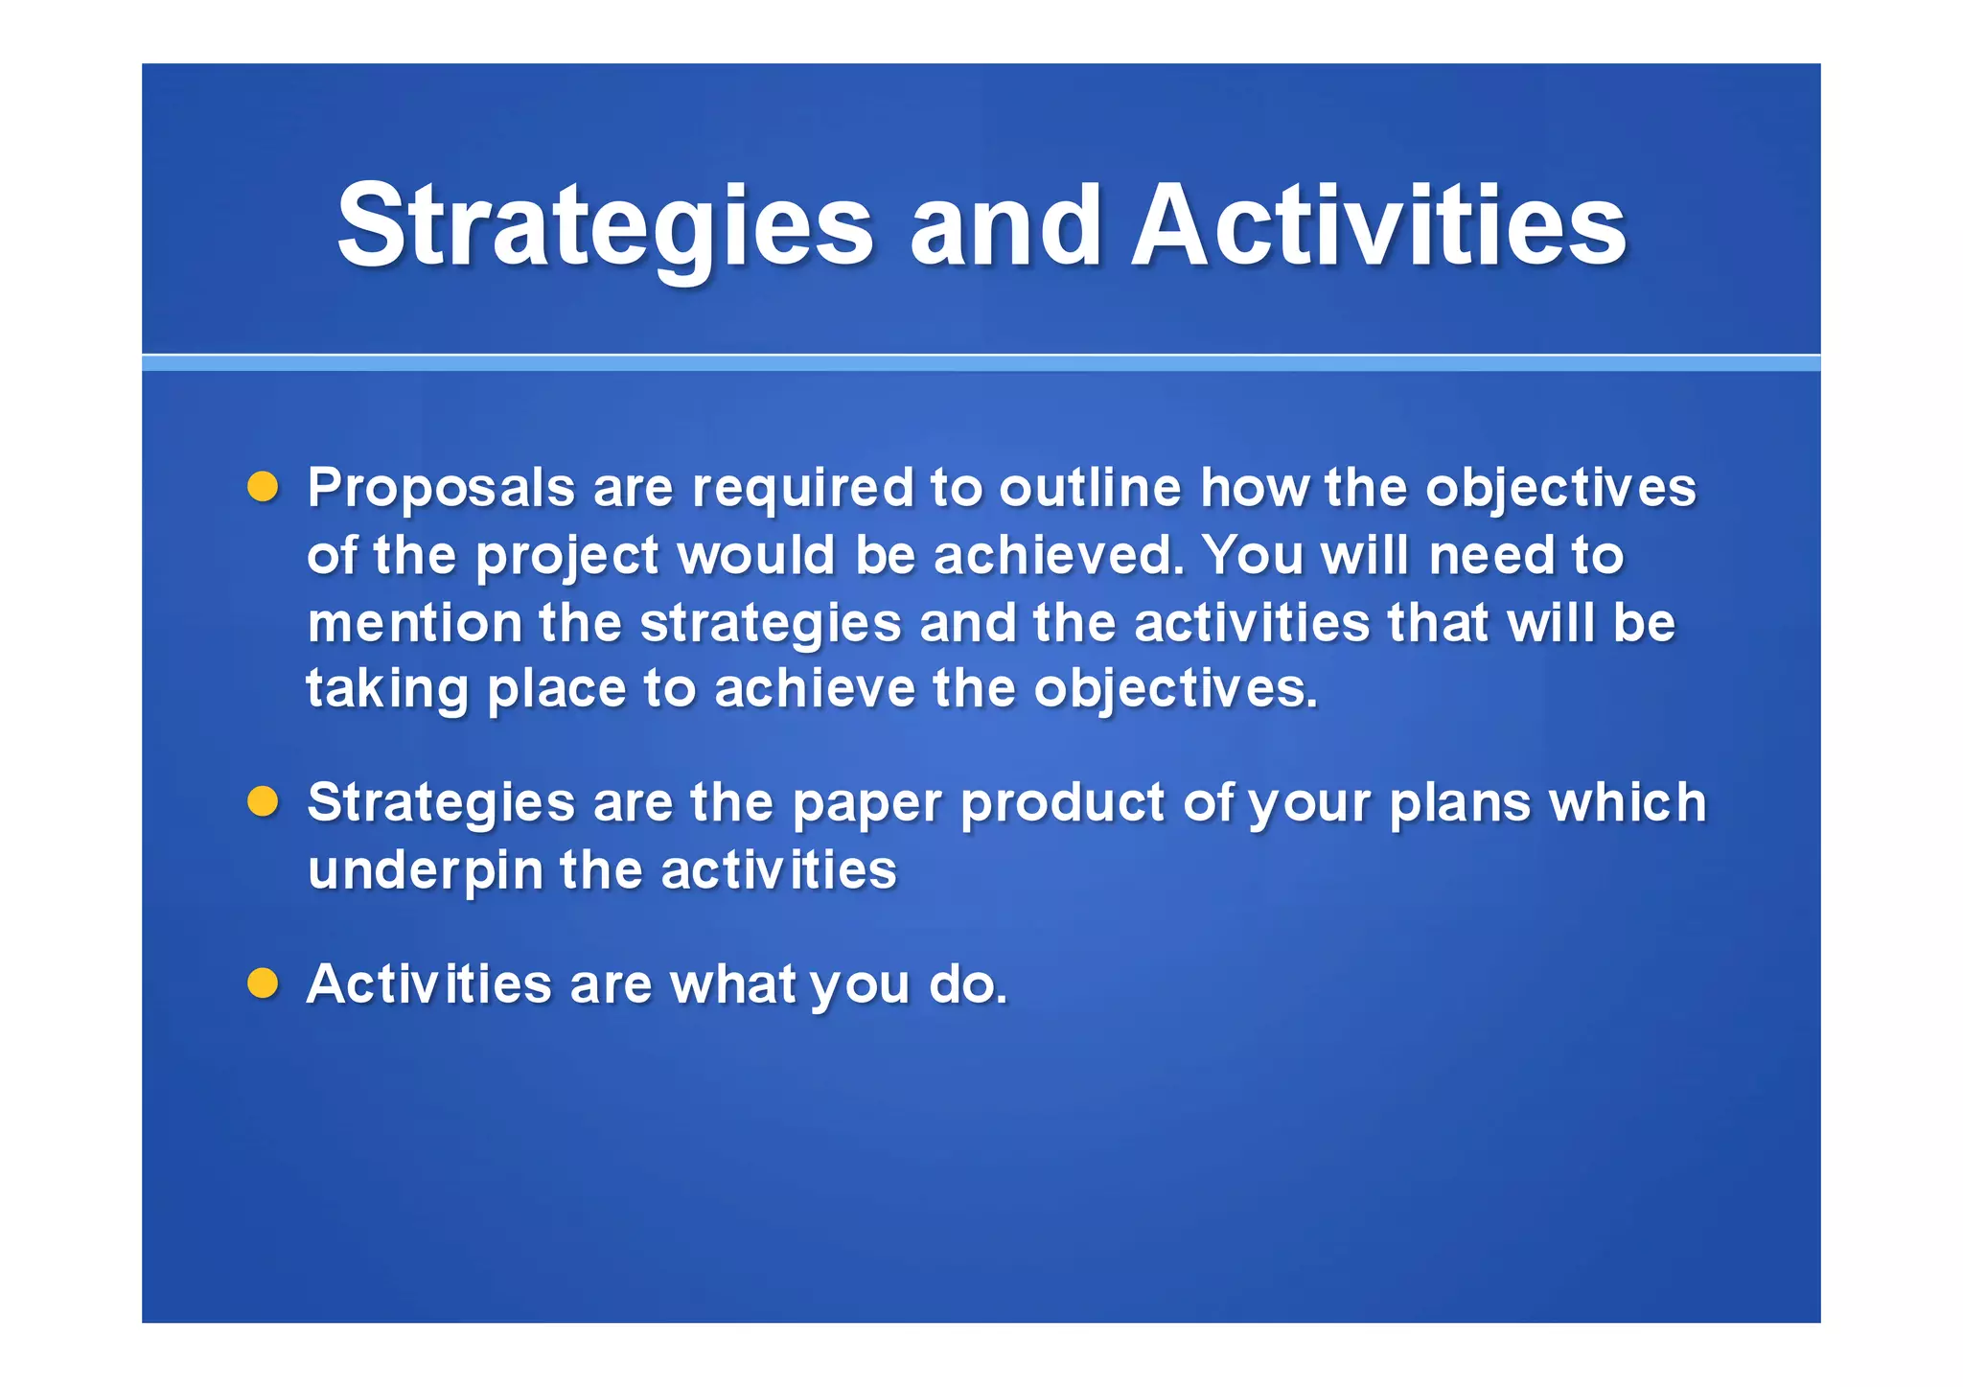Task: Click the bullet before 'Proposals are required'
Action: [x=263, y=487]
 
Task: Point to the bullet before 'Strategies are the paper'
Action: [x=263, y=801]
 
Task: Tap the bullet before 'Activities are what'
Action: [x=263, y=983]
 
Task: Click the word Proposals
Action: [x=441, y=489]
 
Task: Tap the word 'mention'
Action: [x=414, y=623]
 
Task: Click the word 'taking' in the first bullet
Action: [x=387, y=690]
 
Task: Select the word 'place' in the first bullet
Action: [x=556, y=690]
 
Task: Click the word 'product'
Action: [x=1062, y=803]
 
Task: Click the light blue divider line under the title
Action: [x=981, y=363]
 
